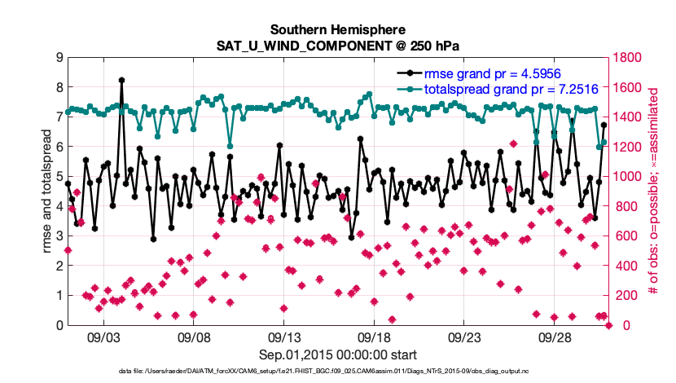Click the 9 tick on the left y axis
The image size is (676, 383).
pyautogui.click(x=59, y=57)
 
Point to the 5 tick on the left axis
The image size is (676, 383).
pyautogui.click(x=59, y=176)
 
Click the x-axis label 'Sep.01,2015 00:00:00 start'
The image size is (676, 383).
pyautogui.click(x=337, y=354)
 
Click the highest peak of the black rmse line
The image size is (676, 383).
pyautogui.click(x=121, y=80)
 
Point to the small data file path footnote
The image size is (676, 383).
pyautogui.click(x=337, y=372)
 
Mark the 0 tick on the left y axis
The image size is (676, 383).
pyautogui.click(x=59, y=325)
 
